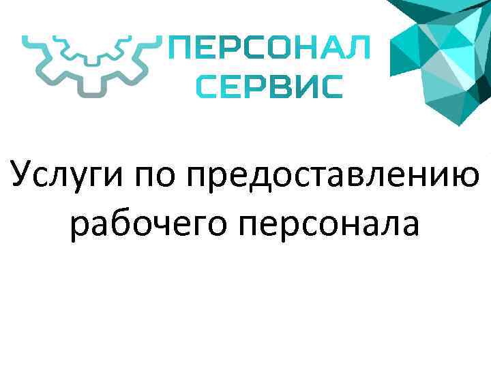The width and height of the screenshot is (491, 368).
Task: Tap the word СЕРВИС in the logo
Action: point(270,87)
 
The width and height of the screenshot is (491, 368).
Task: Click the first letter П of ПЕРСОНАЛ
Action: point(180,50)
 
